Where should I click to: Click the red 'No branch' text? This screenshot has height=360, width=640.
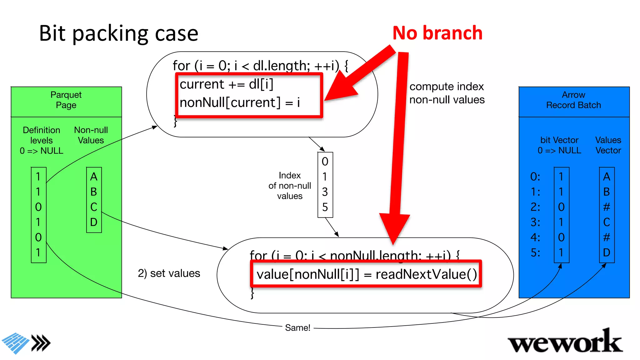437,33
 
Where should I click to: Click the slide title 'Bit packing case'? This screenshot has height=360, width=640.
118,34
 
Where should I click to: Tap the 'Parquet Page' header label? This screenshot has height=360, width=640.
66,100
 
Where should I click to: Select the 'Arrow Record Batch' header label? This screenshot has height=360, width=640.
573,100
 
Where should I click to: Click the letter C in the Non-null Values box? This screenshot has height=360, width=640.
94,207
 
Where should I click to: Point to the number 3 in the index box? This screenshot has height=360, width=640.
325,192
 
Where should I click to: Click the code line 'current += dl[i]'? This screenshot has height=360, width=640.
227,84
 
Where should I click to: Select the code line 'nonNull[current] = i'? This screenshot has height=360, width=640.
240,102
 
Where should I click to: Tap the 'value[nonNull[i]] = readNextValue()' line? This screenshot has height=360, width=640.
366,274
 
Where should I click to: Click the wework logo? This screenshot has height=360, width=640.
565,342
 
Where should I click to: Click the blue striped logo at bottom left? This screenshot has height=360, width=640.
16,343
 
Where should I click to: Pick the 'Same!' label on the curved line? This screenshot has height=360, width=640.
297,328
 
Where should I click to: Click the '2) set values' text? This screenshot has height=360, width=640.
169,273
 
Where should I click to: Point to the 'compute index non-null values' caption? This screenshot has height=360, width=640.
447,93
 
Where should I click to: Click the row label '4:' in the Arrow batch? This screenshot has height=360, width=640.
535,237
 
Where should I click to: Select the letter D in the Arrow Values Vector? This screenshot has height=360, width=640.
607,252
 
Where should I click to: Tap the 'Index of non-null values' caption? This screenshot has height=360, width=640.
290,186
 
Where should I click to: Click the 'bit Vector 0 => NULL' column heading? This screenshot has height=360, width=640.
559,145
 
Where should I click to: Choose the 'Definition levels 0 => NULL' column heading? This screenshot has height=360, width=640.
42,141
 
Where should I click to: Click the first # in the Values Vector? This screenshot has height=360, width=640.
607,207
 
